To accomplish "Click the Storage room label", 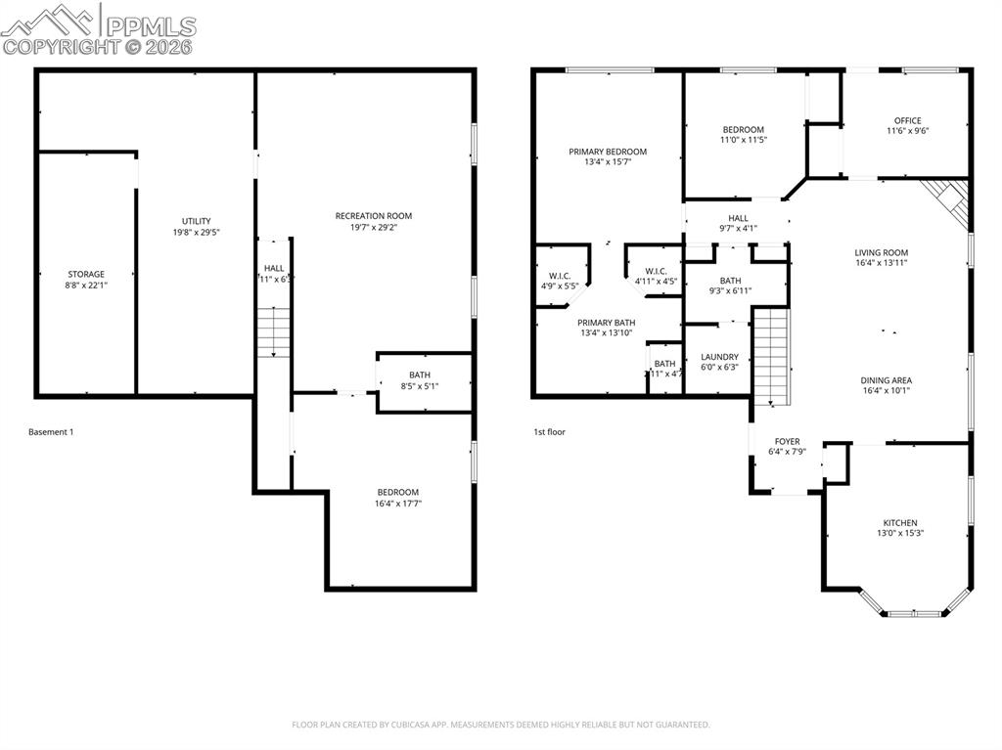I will [86, 275].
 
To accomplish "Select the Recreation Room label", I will [374, 216].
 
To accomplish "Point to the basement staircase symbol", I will [274, 332].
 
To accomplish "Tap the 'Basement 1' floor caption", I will [51, 432].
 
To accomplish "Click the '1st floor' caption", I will [549, 432].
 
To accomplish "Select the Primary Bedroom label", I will [608, 152].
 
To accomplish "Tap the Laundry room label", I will [719, 357].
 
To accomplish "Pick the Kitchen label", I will [900, 523].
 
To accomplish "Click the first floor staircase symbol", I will [771, 356].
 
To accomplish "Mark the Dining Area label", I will [886, 380].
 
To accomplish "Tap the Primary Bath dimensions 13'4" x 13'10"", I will [606, 332].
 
